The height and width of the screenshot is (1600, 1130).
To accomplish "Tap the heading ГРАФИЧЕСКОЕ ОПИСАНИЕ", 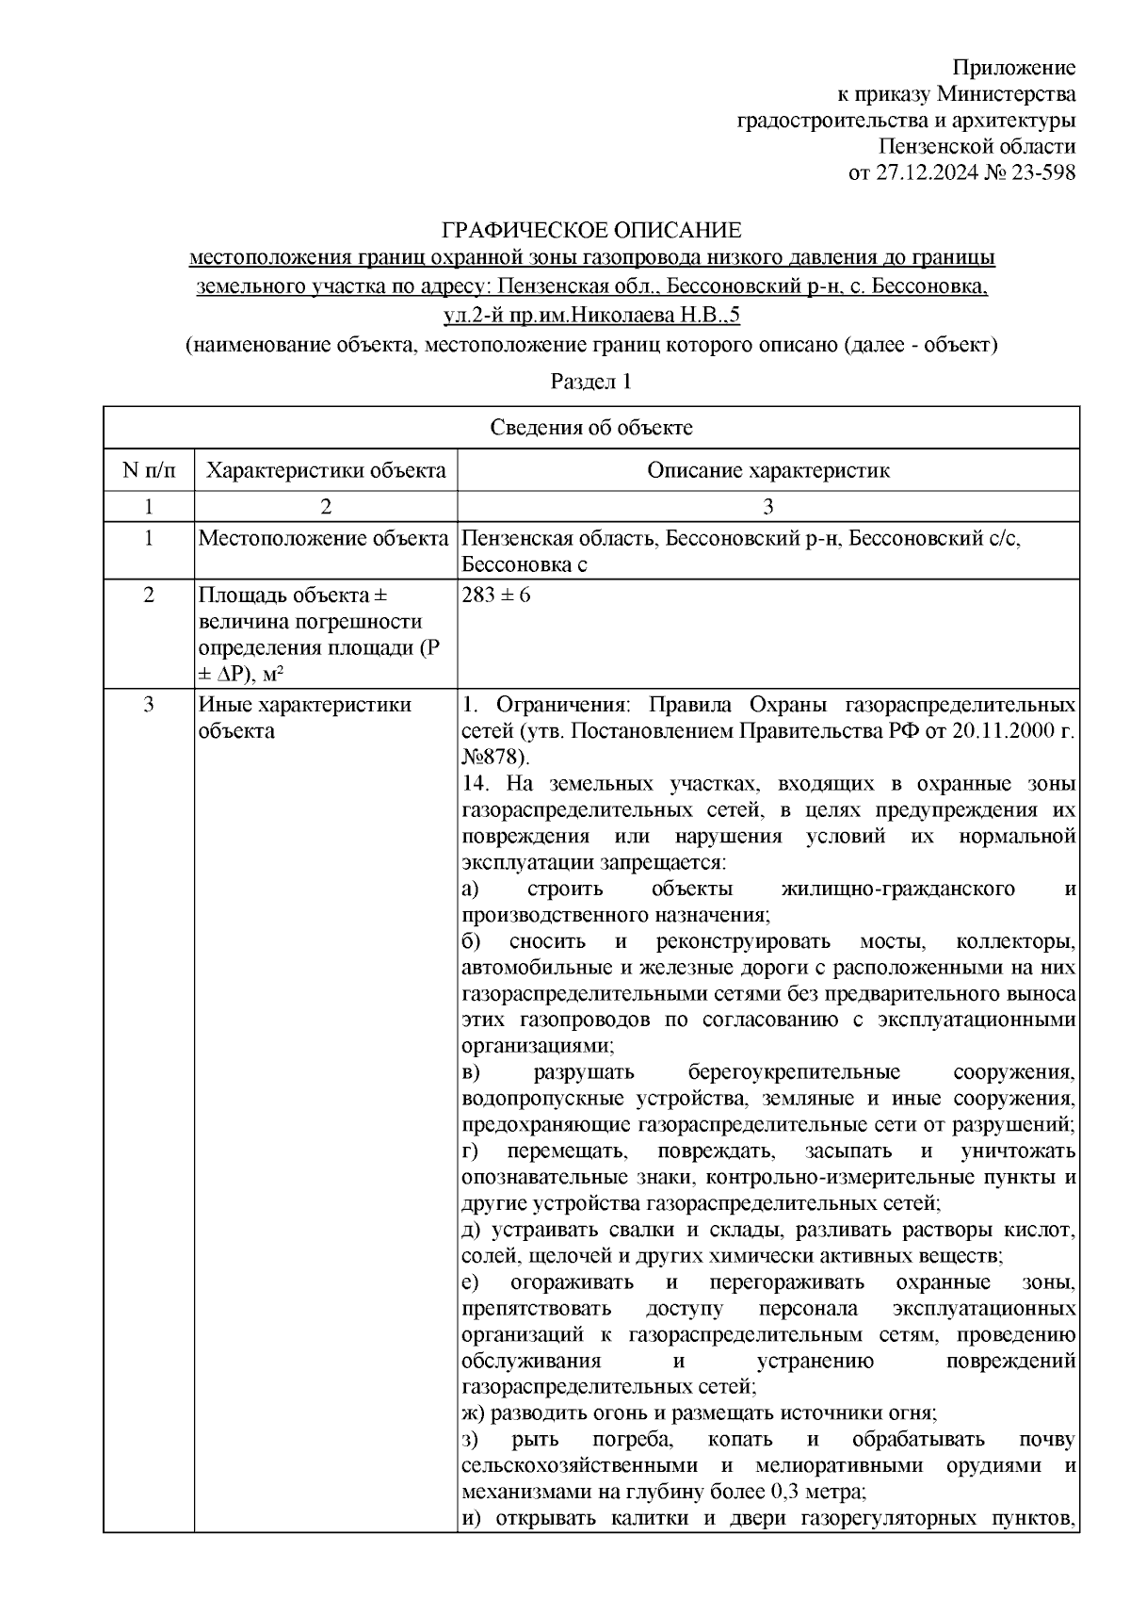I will click(x=592, y=230).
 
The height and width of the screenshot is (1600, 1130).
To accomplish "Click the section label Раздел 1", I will click(x=590, y=383).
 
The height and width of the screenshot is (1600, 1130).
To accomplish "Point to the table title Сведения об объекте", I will click(x=591, y=428).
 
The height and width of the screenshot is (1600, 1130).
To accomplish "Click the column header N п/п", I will click(x=148, y=470).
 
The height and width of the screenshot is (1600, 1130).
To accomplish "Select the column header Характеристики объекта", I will click(x=326, y=470).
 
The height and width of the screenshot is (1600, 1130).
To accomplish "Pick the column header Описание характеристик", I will click(x=767, y=470).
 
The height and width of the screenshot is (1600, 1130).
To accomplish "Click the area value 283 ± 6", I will click(x=496, y=596).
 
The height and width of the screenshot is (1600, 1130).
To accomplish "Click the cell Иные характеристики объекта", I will click(x=304, y=717).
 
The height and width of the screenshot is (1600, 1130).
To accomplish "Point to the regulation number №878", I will click(x=494, y=757).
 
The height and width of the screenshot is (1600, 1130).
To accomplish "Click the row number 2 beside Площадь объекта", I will click(x=148, y=596).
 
